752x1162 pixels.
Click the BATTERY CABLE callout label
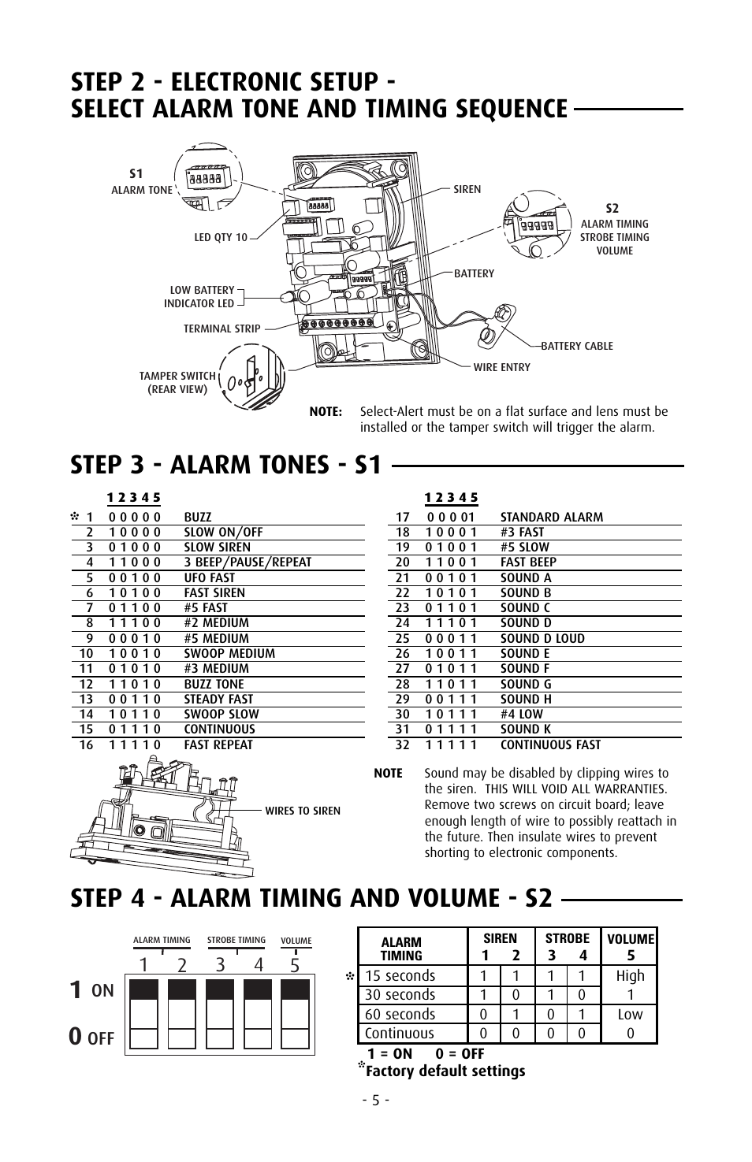coord(576,346)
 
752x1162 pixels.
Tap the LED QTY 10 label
coord(221,237)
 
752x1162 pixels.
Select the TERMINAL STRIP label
coord(222,329)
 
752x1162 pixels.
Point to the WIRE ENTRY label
coord(501,367)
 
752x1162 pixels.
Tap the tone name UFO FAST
coord(209,577)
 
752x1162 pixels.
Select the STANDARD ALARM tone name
coord(551,518)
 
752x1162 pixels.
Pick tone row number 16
coord(86,744)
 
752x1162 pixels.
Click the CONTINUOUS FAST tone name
coord(550,744)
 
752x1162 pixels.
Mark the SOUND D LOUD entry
coord(542,638)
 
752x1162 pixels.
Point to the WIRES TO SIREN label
coord(303,811)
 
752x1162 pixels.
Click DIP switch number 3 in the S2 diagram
coord(219,1014)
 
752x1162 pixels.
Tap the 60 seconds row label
coord(400,1014)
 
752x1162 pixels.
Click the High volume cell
coord(630,975)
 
